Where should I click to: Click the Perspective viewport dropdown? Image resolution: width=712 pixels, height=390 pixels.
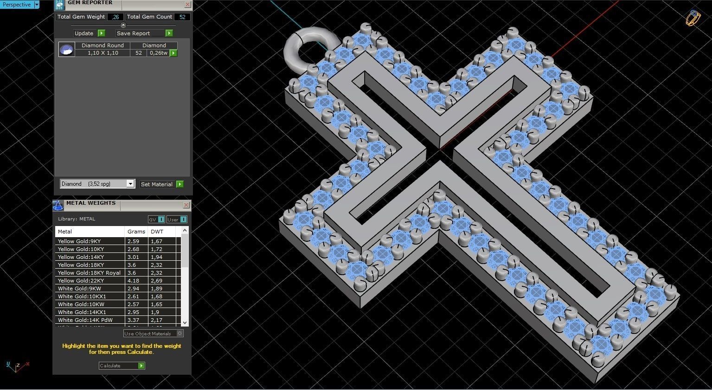point(19,5)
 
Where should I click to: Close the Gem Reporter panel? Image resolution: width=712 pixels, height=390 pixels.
point(187,5)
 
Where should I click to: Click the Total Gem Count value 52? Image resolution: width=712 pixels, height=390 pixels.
point(182,17)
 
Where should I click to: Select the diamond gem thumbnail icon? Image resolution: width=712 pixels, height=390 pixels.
point(67,50)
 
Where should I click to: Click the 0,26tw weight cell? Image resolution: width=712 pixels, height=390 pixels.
point(158,53)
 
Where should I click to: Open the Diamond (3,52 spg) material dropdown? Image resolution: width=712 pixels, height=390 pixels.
point(97,184)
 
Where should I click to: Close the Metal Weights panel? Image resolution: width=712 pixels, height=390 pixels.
point(186,205)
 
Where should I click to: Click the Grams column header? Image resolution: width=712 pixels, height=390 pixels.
point(136,232)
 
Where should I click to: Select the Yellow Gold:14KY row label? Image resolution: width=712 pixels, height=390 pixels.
point(81,257)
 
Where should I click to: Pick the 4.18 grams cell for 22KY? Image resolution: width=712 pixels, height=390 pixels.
point(134,281)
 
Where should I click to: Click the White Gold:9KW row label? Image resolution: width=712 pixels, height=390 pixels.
point(80,289)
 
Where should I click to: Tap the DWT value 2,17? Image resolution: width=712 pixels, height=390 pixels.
point(157,320)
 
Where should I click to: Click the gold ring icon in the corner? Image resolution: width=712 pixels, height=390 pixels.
point(693,18)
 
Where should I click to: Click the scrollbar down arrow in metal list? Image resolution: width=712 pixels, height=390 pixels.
point(185,322)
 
